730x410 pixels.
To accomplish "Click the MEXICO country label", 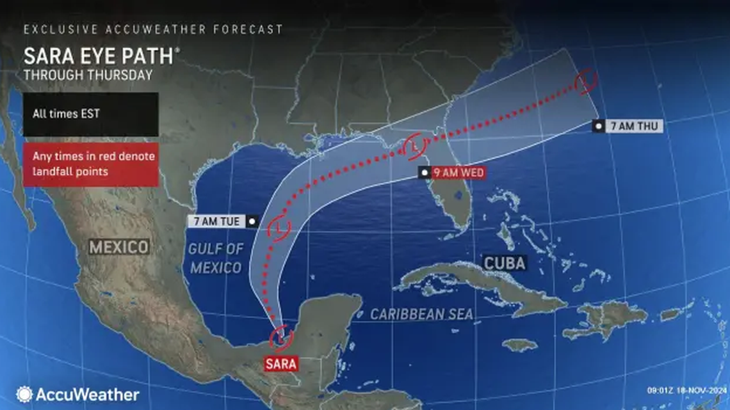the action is click(119, 246).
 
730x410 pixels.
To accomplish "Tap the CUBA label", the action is click(504, 263).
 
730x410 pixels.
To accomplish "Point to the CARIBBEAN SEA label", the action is click(422, 313).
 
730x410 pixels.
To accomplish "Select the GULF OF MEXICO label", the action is click(216, 258).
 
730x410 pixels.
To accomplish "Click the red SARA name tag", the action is click(281, 365).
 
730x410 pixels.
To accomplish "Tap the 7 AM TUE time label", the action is click(215, 222).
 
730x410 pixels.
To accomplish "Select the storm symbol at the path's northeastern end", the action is click(585, 82).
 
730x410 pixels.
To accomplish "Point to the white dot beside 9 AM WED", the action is click(424, 172).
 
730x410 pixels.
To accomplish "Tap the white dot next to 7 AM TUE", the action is click(252, 222).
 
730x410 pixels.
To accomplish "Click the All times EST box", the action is click(90, 114).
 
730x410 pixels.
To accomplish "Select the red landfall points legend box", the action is click(90, 164).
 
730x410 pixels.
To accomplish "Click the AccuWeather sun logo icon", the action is click(24, 394).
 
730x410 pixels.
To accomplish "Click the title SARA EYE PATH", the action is click(99, 56).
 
